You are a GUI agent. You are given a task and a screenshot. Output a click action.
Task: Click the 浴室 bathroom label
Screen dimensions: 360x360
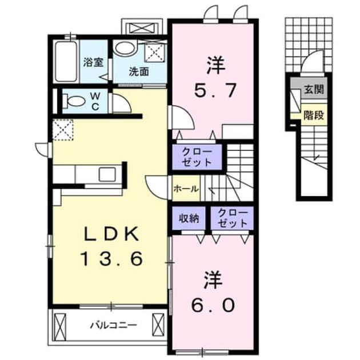coord(93,62)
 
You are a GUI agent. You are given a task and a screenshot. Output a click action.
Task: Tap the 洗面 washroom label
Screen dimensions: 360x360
coord(139,71)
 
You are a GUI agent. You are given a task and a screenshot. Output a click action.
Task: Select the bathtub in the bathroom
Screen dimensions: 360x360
coord(66,61)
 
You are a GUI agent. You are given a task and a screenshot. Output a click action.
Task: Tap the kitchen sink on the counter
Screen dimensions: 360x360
coord(107,174)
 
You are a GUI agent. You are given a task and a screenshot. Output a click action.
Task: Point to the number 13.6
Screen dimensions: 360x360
coord(111,258)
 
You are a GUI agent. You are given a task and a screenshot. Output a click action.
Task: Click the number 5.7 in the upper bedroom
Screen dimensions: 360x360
coord(215,90)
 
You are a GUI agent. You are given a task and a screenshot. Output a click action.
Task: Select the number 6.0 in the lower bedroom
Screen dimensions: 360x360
coord(213,305)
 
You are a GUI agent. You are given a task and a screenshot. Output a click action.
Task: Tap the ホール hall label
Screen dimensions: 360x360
coord(186,189)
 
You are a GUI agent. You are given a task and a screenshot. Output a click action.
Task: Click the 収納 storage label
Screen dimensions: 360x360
coord(189,218)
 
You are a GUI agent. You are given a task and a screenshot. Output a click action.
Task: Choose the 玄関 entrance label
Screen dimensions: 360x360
coord(314,89)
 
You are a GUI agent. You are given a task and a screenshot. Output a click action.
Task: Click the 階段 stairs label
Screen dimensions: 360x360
coord(314,115)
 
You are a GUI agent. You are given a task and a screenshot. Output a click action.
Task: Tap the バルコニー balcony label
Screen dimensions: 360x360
coord(113,325)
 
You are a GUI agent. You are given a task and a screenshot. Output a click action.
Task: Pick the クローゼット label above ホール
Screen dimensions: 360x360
coord(197,157)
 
